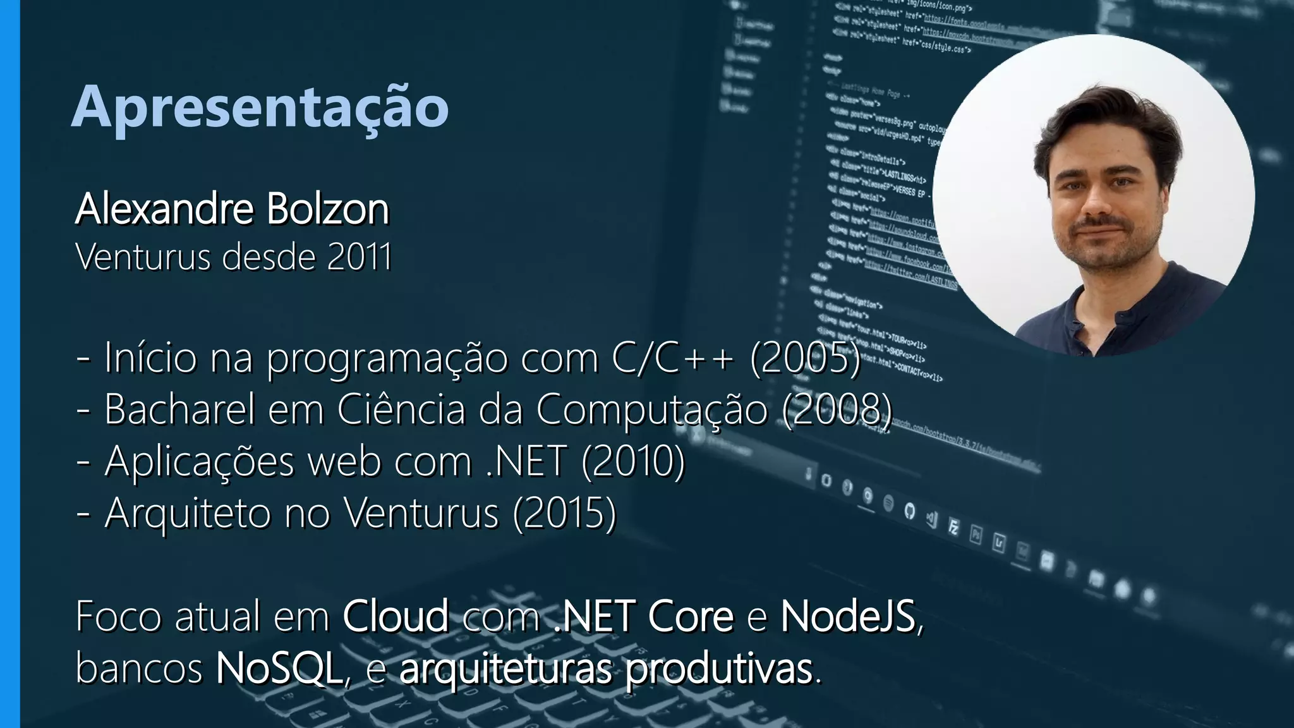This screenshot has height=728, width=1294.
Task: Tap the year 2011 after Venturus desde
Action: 360,257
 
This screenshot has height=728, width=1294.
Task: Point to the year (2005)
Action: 805,358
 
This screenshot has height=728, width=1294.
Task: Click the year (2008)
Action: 837,409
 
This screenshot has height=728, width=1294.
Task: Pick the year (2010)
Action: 632,461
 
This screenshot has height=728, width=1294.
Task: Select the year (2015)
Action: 564,513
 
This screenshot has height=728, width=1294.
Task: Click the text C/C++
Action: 672,358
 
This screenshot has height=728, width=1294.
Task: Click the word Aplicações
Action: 199,462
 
